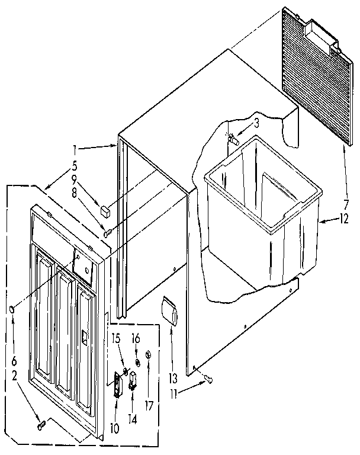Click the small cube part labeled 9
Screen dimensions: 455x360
click(x=106, y=210)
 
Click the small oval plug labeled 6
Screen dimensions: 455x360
click(x=13, y=309)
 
